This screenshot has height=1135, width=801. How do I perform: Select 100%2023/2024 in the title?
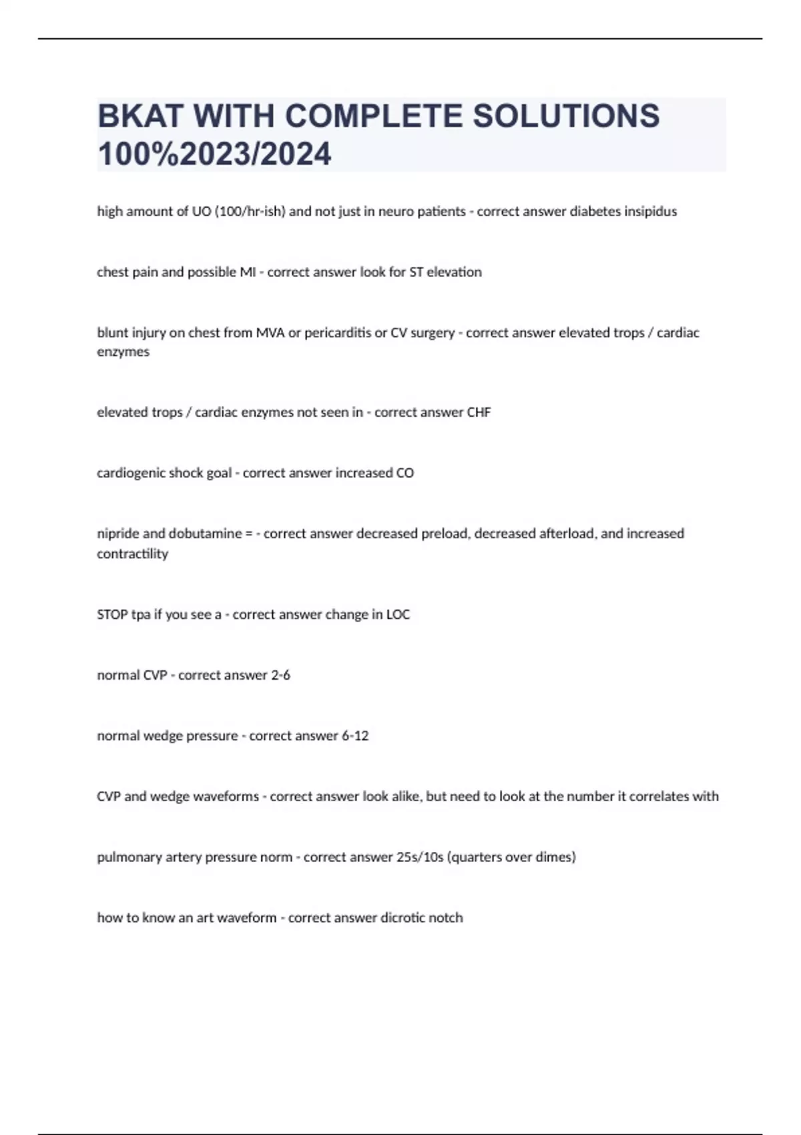[214, 154]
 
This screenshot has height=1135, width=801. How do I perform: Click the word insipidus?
[650, 212]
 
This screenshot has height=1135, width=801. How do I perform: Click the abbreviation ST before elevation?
[416, 272]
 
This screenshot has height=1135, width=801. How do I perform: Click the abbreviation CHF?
[479, 413]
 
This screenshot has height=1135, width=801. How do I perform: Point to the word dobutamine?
[205, 534]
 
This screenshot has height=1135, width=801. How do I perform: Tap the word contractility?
[132, 554]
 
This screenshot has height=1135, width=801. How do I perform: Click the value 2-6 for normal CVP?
[280, 676]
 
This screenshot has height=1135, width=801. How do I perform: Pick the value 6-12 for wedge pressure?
[355, 736]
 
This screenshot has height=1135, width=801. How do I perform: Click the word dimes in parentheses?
[558, 857]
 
